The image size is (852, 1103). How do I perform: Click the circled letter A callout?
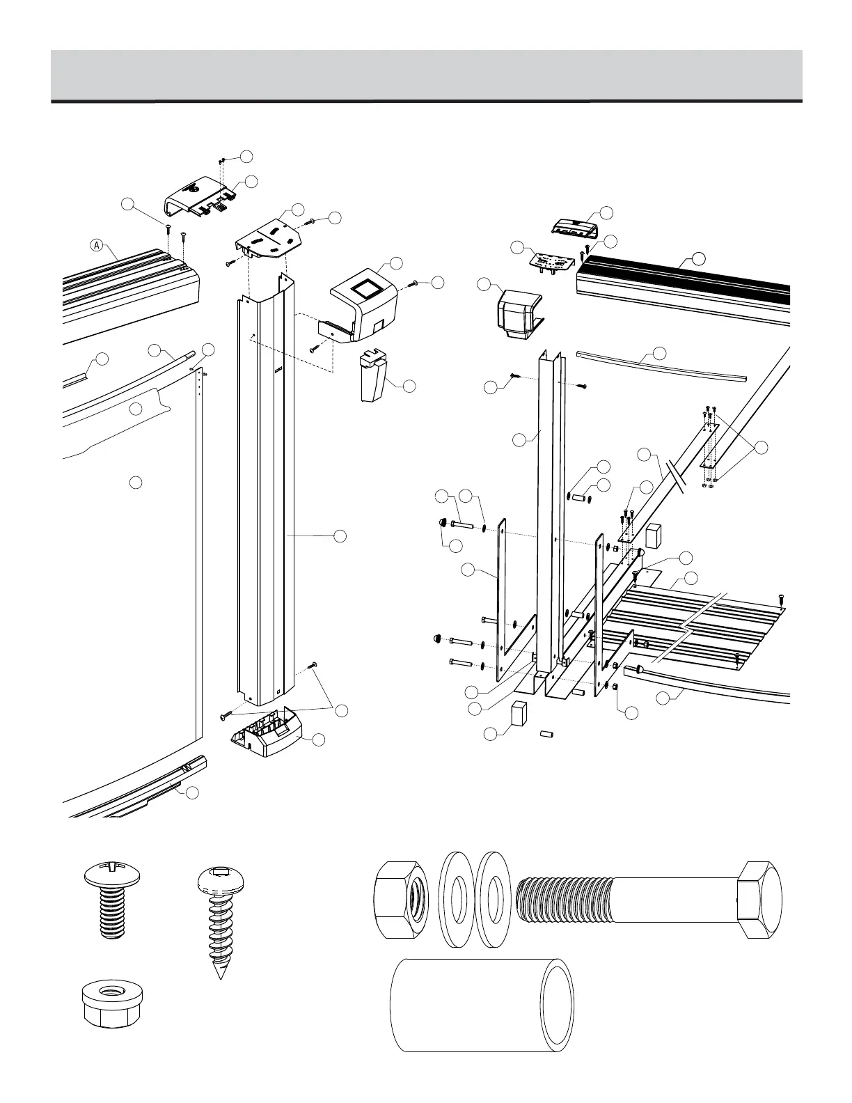point(98,244)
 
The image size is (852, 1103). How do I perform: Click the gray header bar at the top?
point(426,75)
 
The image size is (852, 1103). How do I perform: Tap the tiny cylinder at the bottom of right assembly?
point(547,734)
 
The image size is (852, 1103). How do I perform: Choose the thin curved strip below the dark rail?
point(661,365)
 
